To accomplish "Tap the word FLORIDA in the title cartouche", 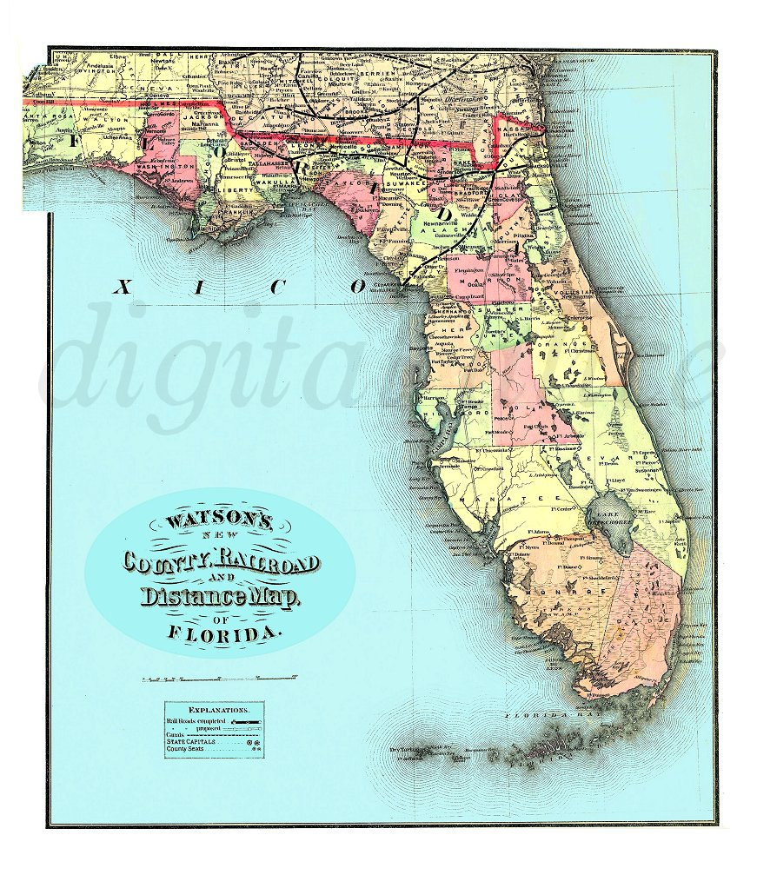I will (x=224, y=632).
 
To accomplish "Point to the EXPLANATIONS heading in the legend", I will (x=214, y=710).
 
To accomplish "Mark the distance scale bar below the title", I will (x=219, y=677).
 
